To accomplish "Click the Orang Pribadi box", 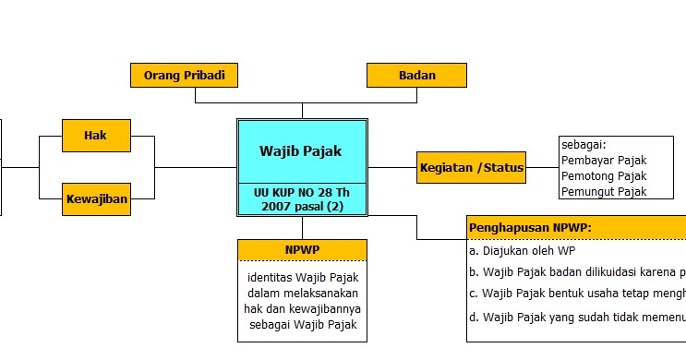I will (x=185, y=75).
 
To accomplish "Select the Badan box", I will (x=416, y=75).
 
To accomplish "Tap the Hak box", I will (x=95, y=136).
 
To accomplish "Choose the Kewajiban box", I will (x=96, y=198).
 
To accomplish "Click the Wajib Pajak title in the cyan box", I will (x=302, y=150).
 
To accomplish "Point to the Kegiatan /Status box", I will (x=471, y=167).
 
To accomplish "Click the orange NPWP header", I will (x=302, y=249).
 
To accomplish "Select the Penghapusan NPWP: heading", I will (x=529, y=227).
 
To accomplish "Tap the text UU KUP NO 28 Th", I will (x=302, y=192).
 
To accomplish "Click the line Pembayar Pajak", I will (x=604, y=161).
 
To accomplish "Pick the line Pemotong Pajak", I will (x=604, y=176).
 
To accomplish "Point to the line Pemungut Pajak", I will (x=604, y=192).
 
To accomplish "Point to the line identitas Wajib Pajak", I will (x=302, y=277).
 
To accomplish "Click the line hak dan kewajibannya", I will (x=302, y=308).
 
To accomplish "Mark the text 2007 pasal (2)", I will (x=302, y=207).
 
